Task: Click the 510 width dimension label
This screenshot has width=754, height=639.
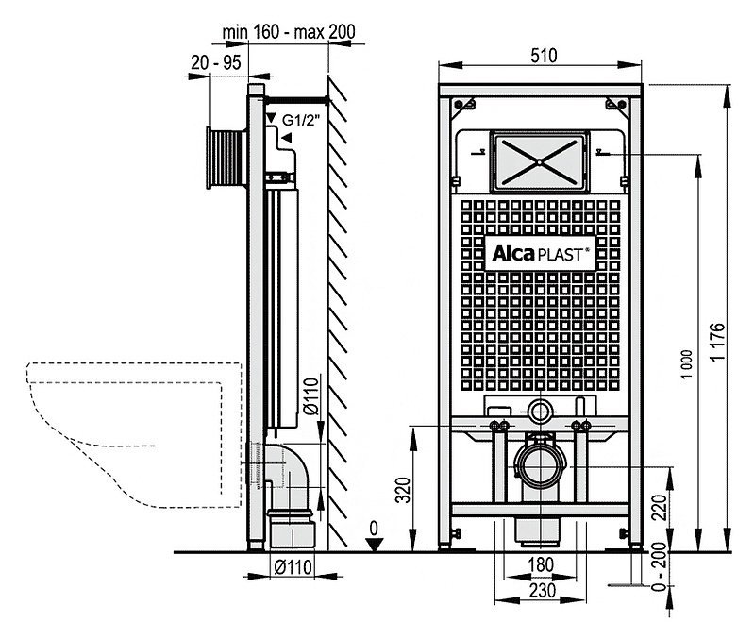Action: [x=544, y=56]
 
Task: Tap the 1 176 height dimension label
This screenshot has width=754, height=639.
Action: [x=717, y=342]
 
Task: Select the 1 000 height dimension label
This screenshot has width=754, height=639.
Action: [x=688, y=364]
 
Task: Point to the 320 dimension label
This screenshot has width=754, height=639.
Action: [x=403, y=490]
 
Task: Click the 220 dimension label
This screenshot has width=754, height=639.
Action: [x=660, y=507]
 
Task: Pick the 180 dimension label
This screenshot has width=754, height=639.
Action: [x=541, y=564]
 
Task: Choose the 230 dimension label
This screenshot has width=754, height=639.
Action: [x=542, y=591]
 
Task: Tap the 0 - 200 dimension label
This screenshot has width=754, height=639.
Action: [x=660, y=566]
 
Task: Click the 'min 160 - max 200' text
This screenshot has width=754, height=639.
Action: [x=289, y=32]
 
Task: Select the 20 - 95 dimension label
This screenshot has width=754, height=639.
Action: [x=216, y=62]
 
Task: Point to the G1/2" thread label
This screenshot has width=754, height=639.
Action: [x=301, y=120]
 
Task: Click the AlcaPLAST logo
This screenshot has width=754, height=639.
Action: [x=540, y=253]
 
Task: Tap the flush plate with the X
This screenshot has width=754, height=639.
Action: [x=540, y=161]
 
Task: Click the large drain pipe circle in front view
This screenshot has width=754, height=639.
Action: [x=541, y=466]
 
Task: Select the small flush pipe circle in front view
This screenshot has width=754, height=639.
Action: [x=540, y=412]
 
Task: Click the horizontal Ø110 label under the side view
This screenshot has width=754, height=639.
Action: [x=293, y=567]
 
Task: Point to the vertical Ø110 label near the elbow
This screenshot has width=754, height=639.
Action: [x=311, y=396]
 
